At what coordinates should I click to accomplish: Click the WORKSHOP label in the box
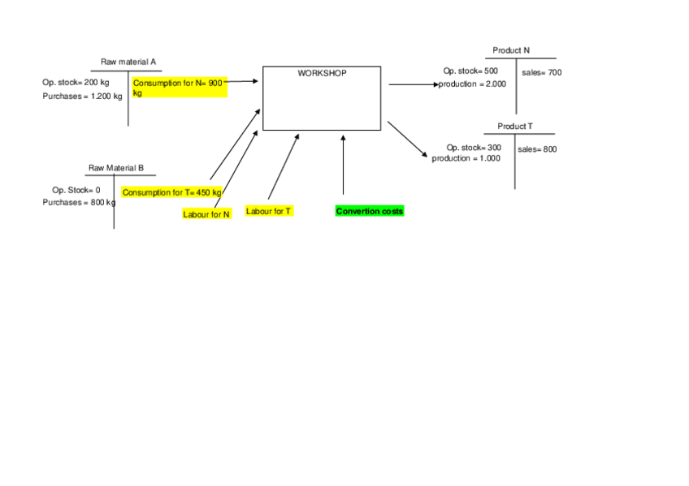point(322,73)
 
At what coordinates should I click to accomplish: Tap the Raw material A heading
point(128,62)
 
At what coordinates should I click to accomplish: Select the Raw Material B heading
point(116,168)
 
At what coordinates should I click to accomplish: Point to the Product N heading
point(511,50)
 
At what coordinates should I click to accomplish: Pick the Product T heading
point(515,127)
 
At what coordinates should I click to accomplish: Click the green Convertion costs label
point(370,212)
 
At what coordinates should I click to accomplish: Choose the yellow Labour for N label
point(206,214)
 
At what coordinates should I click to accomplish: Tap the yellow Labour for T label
point(269,211)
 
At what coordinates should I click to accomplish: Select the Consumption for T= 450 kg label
point(171,192)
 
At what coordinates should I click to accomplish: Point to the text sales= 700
point(541,73)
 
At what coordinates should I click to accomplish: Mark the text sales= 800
point(537,149)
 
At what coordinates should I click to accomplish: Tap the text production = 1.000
point(466,158)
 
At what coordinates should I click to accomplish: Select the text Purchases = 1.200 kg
point(82,97)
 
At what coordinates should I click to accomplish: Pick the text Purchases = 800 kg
point(79,202)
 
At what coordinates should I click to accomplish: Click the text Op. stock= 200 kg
point(76,82)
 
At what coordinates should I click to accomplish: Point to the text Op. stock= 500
point(470,71)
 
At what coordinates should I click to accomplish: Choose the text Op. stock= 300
point(474,148)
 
